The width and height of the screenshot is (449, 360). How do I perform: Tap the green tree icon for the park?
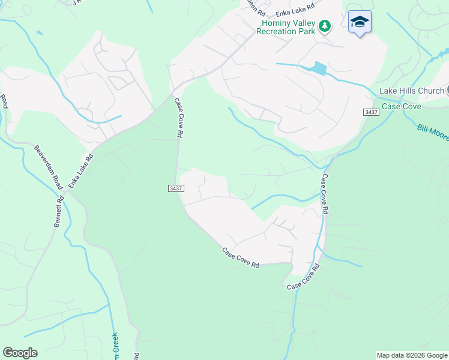click(325, 26)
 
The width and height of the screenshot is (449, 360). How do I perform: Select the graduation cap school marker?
click(360, 22)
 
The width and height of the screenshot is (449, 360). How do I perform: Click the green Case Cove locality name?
click(402, 106)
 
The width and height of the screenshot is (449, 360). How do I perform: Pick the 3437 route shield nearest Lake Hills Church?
click(371, 112)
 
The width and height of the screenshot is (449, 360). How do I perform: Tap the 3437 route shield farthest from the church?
click(175, 188)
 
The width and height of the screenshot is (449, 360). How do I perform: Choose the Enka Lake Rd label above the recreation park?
click(295, 13)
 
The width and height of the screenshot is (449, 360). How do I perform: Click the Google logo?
click(20, 353)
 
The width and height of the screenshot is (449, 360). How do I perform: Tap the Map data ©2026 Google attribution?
click(412, 355)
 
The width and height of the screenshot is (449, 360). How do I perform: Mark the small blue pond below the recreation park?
click(318, 68)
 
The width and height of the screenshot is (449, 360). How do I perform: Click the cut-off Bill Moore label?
click(433, 133)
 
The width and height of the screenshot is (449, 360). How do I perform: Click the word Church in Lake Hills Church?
click(430, 91)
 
